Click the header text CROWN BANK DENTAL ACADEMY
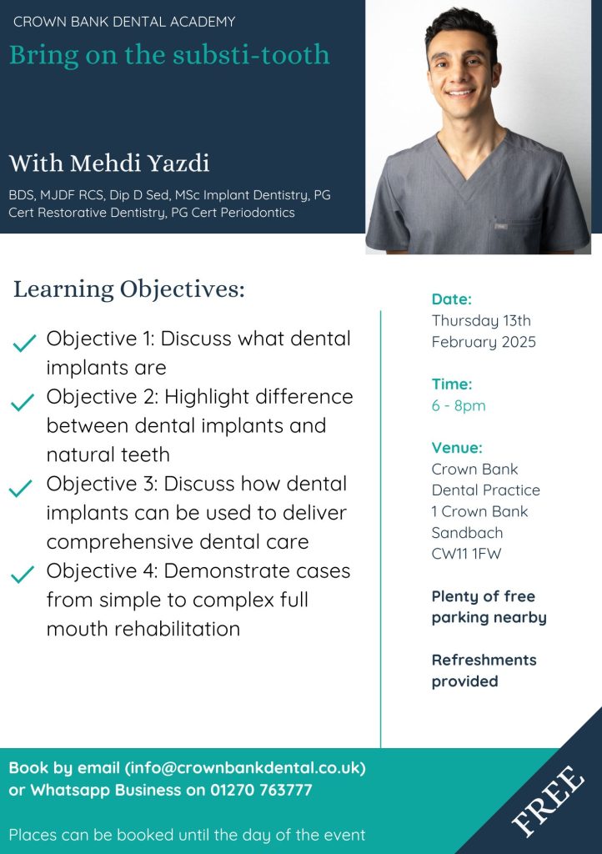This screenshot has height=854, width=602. pyautogui.click(x=124, y=22)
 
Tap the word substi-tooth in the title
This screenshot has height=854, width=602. pyautogui.click(x=251, y=54)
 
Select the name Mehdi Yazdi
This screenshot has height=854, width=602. pyautogui.click(x=139, y=163)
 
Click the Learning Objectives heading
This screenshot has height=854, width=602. pyautogui.click(x=129, y=289)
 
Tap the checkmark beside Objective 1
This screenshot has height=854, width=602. pyautogui.click(x=24, y=343)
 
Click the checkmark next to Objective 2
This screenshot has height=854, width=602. pyautogui.click(x=23, y=402)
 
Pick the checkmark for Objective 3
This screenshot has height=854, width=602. pyautogui.click(x=21, y=489)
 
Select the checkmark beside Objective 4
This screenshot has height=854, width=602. pyautogui.click(x=23, y=574)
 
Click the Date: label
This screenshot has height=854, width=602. pyautogui.click(x=452, y=299)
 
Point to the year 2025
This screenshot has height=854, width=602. pyautogui.click(x=519, y=341)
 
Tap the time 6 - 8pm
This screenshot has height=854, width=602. pyautogui.click(x=459, y=406)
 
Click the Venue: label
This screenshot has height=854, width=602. pyautogui.click(x=457, y=448)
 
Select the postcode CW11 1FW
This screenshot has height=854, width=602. pyautogui.click(x=466, y=554)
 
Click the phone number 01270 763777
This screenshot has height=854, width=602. pyautogui.click(x=261, y=790)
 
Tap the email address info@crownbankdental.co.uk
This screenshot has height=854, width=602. pyautogui.click(x=245, y=768)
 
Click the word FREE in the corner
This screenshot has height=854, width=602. pyautogui.click(x=549, y=800)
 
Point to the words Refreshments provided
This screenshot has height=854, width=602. pyautogui.click(x=484, y=671)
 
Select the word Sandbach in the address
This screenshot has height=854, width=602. pyautogui.click(x=467, y=533)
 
